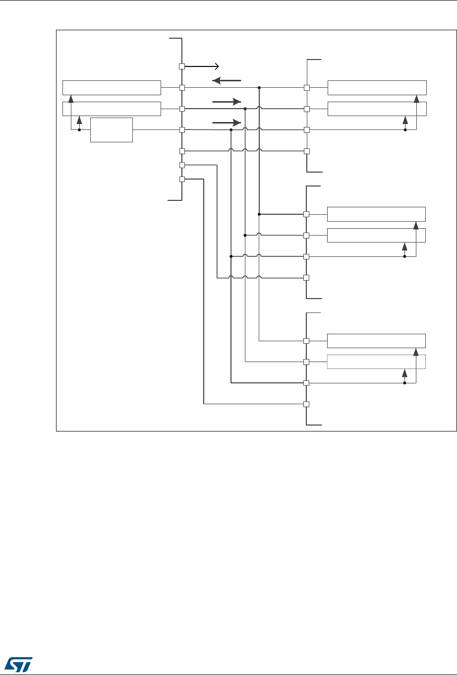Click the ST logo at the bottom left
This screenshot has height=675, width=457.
pyautogui.click(x=17, y=663)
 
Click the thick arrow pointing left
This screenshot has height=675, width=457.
pyautogui.click(x=227, y=80)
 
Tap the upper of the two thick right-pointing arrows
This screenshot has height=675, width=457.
pyautogui.click(x=227, y=101)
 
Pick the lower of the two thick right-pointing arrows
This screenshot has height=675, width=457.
pyautogui.click(x=227, y=122)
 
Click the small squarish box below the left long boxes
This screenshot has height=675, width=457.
pyautogui.click(x=112, y=130)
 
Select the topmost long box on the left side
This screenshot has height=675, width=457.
pyautogui.click(x=112, y=87)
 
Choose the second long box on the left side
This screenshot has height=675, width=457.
pyautogui.click(x=112, y=109)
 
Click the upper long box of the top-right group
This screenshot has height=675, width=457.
pyautogui.click(x=377, y=87)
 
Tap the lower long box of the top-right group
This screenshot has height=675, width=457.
pyautogui.click(x=377, y=109)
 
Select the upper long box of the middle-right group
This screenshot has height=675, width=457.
pyautogui.click(x=377, y=214)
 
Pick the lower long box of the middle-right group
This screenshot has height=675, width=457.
pyautogui.click(x=377, y=235)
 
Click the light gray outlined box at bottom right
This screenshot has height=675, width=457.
pyautogui.click(x=377, y=362)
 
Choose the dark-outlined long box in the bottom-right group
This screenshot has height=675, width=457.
pyautogui.click(x=377, y=341)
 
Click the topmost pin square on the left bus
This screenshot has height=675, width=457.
pyautogui.click(x=182, y=66)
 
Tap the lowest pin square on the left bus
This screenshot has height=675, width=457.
pyautogui.click(x=182, y=179)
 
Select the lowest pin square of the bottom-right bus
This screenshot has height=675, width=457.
pyautogui.click(x=306, y=404)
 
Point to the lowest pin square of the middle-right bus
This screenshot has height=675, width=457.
pyautogui.click(x=306, y=277)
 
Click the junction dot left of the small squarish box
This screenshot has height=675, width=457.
pyautogui.click(x=79, y=130)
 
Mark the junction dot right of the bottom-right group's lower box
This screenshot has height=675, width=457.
pyautogui.click(x=405, y=383)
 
